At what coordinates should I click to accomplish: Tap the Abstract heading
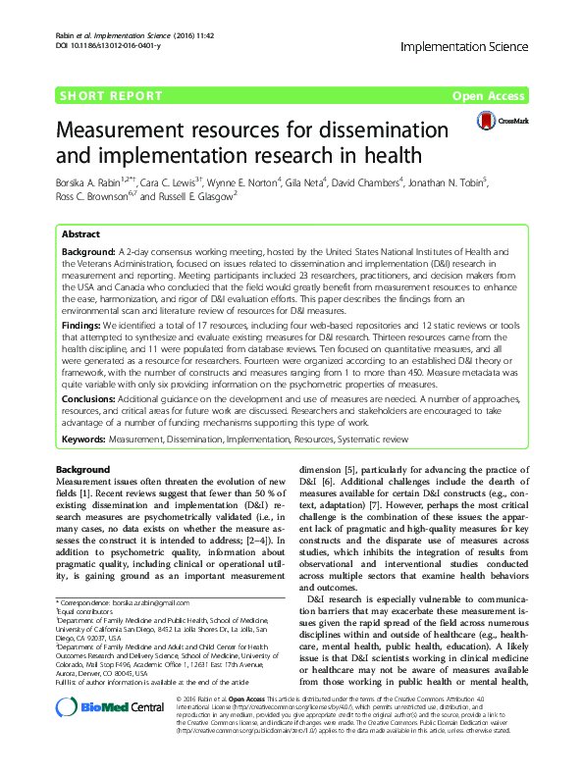pyautogui.click(x=80, y=235)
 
